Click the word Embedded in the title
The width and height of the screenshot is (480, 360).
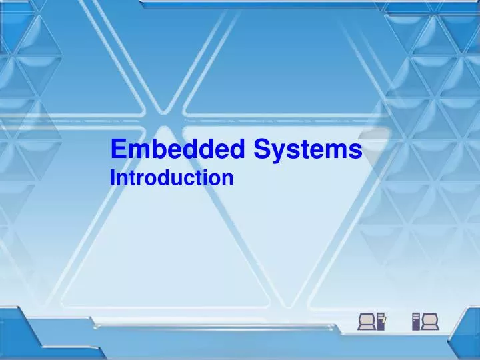point(178,150)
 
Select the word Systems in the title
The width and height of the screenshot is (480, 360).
point(307,150)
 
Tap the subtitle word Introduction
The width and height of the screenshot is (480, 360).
point(171,179)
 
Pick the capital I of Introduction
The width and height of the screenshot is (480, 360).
point(113,179)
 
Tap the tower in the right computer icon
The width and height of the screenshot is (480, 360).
point(416,321)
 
